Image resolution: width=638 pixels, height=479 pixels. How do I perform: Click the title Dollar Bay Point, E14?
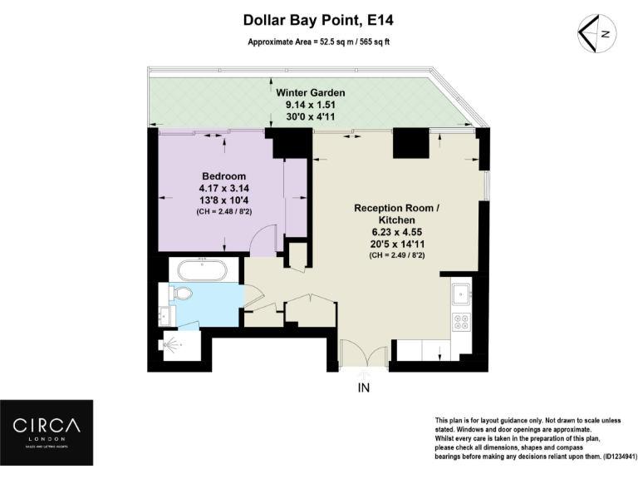click(318, 19)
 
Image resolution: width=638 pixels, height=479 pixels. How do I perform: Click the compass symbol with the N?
click(596, 33)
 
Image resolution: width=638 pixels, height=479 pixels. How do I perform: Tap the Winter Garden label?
click(310, 92)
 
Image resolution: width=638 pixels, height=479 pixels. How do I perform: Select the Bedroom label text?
click(224, 176)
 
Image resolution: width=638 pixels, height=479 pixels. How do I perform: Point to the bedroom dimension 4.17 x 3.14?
click(224, 189)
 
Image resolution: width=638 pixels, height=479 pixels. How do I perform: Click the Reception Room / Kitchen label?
click(395, 214)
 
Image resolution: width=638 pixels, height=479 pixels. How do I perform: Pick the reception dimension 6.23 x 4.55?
click(395, 233)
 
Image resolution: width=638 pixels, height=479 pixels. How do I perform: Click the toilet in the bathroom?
click(180, 293)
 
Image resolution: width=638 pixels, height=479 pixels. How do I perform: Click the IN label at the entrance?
click(363, 388)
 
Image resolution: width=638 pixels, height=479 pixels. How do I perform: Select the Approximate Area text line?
click(318, 42)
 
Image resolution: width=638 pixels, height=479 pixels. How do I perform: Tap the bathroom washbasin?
click(165, 314)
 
